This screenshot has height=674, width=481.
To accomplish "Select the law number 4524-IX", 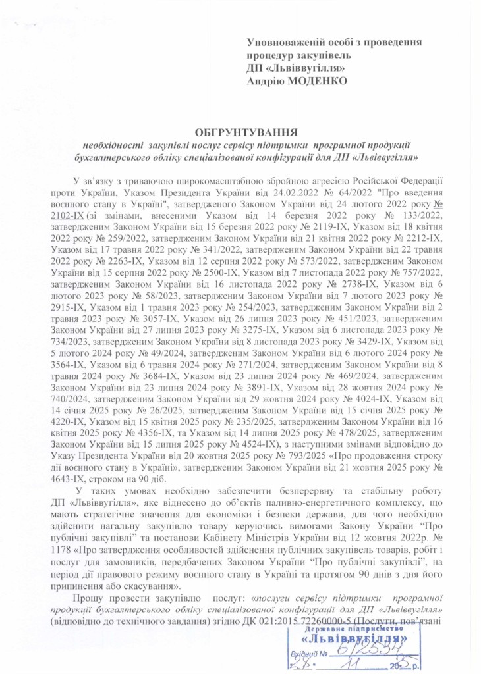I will (245, 448).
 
